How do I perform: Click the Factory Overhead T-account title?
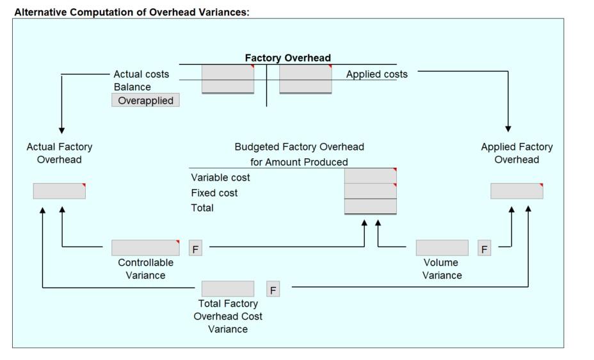click(287, 58)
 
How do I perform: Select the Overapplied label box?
click(145, 101)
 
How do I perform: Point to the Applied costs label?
click(376, 74)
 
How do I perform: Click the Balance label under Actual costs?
click(132, 87)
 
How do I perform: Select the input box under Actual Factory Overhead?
click(59, 191)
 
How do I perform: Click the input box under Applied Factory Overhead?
click(517, 191)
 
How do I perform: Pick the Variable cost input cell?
click(370, 176)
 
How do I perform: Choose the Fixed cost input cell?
click(370, 191)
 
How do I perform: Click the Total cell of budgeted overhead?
click(370, 206)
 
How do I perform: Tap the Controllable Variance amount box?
click(145, 248)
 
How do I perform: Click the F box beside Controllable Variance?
click(196, 249)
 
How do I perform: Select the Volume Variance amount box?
click(442, 248)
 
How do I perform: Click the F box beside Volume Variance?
click(485, 249)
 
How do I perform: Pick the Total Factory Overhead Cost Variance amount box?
click(228, 289)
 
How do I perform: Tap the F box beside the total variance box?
click(273, 290)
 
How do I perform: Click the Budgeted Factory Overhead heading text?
click(299, 147)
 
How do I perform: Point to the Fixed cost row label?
click(214, 193)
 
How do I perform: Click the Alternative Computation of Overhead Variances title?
click(132, 12)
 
